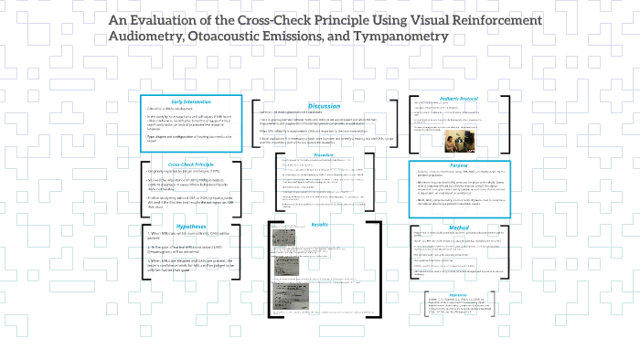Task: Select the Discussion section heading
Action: [325, 106]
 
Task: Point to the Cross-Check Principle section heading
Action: [191, 164]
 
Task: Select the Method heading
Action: [459, 226]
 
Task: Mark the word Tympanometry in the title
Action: [404, 37]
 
